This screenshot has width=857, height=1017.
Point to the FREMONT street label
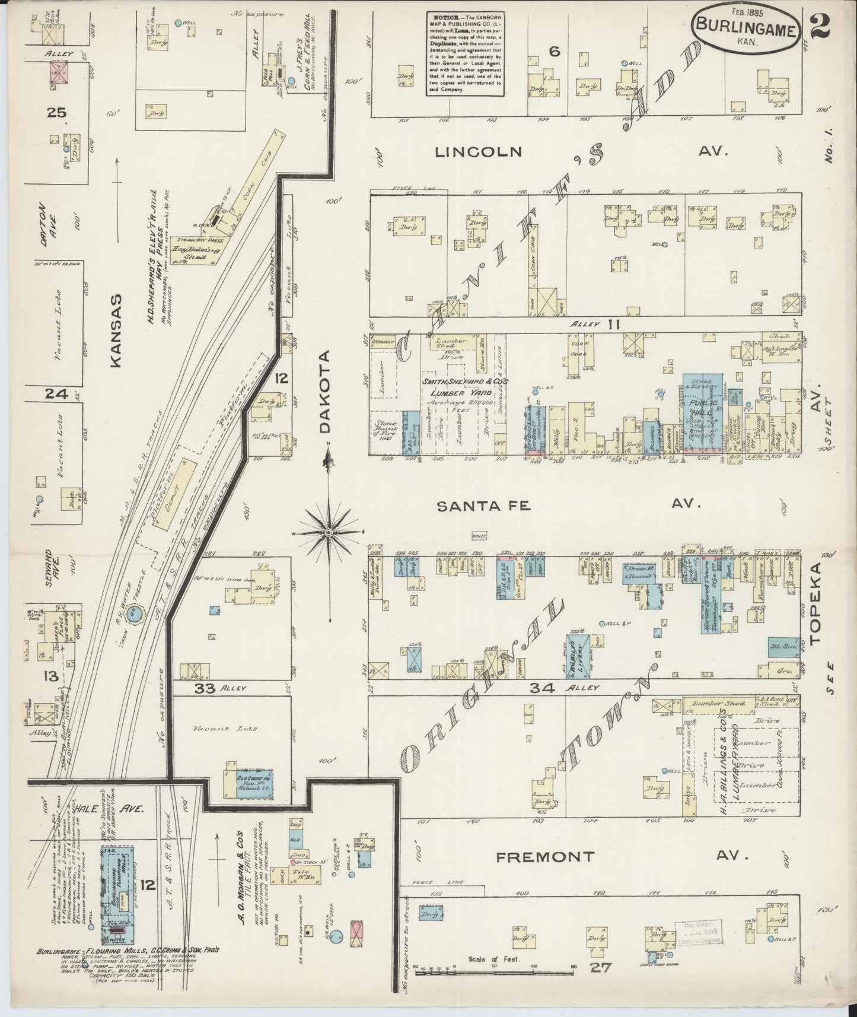(x=544, y=856)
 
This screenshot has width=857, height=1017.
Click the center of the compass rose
(x=328, y=533)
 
